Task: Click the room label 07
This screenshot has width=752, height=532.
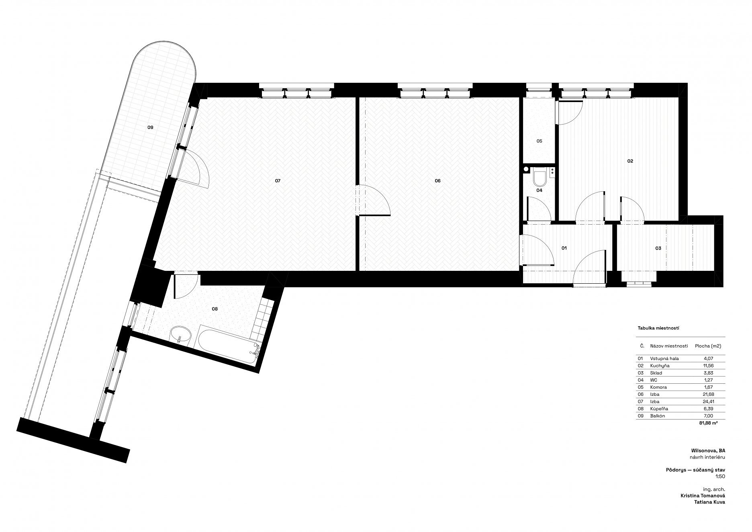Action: tap(278, 181)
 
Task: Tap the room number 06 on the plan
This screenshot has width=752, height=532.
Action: tap(437, 181)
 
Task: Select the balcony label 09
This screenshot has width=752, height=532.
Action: tap(150, 127)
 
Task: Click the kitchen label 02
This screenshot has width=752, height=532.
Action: tap(630, 161)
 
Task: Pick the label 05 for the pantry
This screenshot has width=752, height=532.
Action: tap(539, 141)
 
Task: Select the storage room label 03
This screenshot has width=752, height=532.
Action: tap(658, 248)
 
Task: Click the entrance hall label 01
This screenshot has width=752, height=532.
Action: tap(564, 248)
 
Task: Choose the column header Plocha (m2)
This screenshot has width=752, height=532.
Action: tap(708, 346)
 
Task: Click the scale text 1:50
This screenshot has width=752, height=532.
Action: tap(721, 477)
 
